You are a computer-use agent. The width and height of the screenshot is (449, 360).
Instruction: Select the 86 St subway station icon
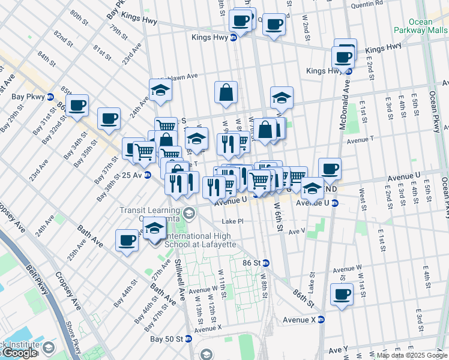(x=266, y=263)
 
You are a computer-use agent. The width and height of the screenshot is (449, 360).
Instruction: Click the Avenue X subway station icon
(x=321, y=319)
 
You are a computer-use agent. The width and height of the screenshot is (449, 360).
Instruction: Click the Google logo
(x=19, y=353)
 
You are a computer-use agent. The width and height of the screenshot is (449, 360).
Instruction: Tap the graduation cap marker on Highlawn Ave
(x=160, y=90)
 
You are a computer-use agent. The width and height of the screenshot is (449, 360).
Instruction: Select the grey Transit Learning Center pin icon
(x=189, y=213)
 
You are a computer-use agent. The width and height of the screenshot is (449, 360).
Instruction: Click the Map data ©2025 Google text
(x=412, y=355)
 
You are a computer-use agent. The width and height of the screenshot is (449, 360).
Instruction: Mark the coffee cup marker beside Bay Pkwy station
(x=77, y=106)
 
